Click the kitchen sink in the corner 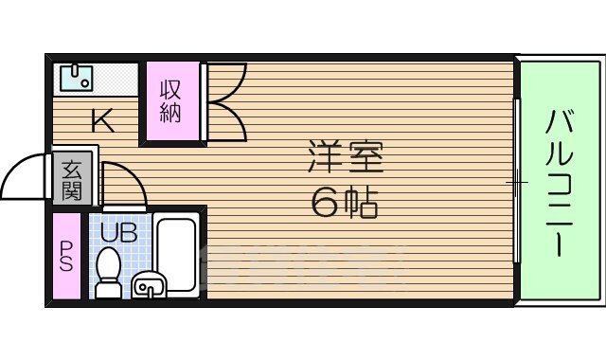point(74,78)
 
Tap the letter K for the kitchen point(102,121)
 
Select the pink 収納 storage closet point(171,102)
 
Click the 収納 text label point(170,102)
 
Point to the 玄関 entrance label point(72,179)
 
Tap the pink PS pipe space point(66,257)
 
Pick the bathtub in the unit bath point(176,253)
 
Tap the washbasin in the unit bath point(149,283)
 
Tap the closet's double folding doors point(224,102)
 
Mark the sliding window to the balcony point(517,180)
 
